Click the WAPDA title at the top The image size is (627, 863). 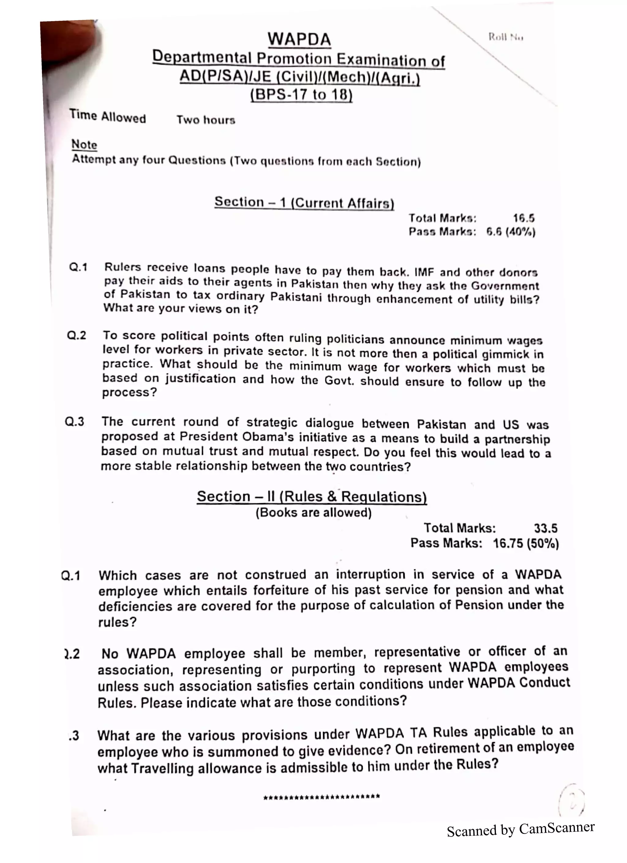point(299,39)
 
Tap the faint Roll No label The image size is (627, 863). point(505,37)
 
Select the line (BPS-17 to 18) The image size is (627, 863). point(301,94)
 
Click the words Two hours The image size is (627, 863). point(206,120)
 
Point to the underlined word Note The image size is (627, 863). point(84,145)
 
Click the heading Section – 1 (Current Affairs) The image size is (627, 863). point(304,202)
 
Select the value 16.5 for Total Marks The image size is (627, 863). point(524,218)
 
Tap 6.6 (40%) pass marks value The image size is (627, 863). point(511,232)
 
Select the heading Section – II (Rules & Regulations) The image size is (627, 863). point(312,497)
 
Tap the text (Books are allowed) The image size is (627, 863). point(313,513)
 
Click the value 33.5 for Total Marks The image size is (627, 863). point(546,528)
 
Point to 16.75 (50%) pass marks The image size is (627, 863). point(526,543)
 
